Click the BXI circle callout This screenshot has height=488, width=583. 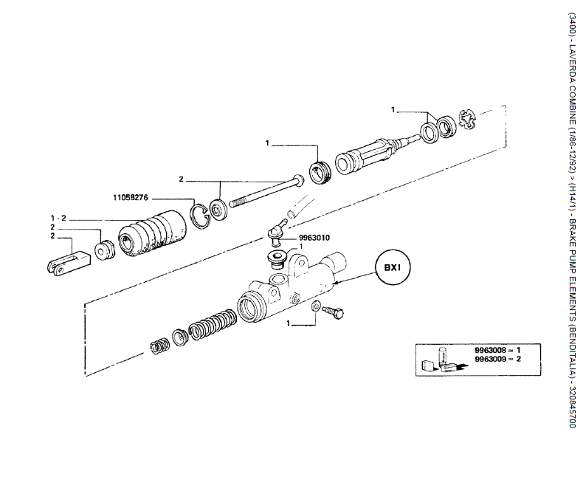(393, 268)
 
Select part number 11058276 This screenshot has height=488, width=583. (131, 198)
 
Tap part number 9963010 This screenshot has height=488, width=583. (314, 238)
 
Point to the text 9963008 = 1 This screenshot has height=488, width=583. (497, 350)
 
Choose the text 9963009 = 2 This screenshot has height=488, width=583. (497, 359)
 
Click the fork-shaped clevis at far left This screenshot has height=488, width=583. (69, 263)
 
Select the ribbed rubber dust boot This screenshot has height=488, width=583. (153, 233)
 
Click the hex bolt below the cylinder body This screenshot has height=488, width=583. (334, 312)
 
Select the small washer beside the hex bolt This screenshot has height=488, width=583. (314, 306)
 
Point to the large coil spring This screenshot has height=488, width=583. (213, 325)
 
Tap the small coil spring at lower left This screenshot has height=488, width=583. (160, 346)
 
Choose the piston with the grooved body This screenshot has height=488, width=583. (376, 154)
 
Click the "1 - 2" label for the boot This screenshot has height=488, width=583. (58, 218)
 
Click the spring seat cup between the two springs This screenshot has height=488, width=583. (181, 337)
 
